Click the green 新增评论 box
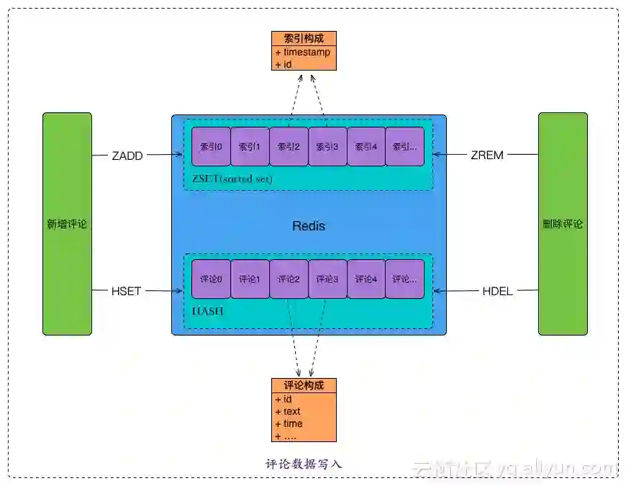[67, 224]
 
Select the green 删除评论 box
[563, 224]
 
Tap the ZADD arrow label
[127, 154]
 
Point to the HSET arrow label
[127, 291]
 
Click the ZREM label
[487, 154]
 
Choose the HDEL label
[498, 291]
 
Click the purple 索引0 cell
[211, 147]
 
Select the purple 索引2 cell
[289, 147]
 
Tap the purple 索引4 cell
[366, 147]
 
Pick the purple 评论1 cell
[250, 279]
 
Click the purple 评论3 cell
[327, 279]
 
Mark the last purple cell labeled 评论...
[404, 279]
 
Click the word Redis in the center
[309, 226]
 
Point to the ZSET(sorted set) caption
[232, 179]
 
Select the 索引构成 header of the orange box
[304, 39]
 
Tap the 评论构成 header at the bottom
[304, 386]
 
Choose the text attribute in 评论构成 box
[291, 412]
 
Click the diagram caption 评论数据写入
[304, 464]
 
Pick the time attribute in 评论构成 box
[292, 424]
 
